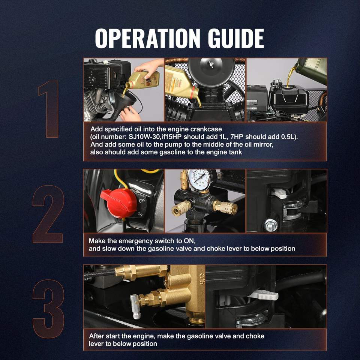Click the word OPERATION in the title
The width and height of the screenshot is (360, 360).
click(x=147, y=38)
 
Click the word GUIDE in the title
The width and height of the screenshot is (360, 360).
click(x=236, y=38)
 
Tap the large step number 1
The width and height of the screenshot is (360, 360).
click(x=49, y=109)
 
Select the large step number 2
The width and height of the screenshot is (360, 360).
click(x=48, y=214)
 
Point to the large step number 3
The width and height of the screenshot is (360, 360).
click(x=48, y=309)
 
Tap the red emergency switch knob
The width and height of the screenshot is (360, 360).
click(x=119, y=202)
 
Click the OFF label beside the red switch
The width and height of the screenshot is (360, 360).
click(x=142, y=201)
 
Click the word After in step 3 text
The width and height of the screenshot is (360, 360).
click(x=96, y=336)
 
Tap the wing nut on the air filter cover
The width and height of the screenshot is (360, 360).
click(x=211, y=64)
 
